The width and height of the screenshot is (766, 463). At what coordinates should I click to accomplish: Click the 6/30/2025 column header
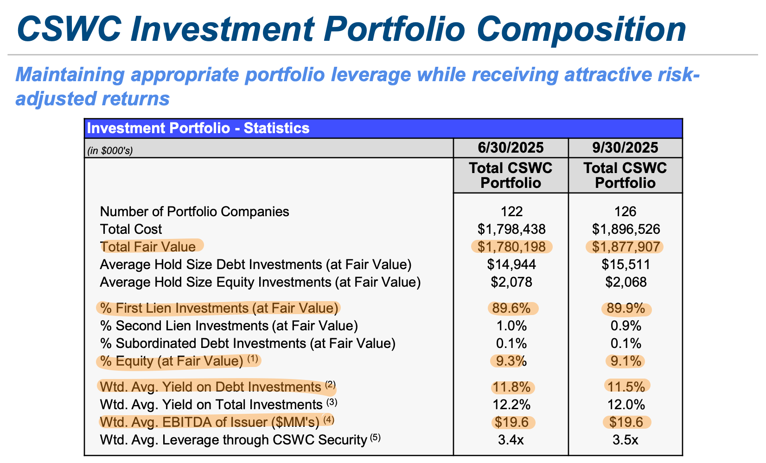[511, 148]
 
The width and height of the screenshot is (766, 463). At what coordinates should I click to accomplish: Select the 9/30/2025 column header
[625, 148]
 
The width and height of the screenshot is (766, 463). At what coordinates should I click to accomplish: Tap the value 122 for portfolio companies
[511, 212]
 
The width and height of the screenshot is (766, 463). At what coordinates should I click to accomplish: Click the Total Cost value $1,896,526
[626, 229]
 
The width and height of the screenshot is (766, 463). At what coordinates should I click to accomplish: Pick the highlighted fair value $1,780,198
[511, 246]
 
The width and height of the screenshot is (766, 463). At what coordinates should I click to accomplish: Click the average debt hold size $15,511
[626, 264]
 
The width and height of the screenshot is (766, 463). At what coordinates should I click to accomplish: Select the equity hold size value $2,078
[511, 282]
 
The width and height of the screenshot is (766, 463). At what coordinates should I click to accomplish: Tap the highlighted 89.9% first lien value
[626, 309]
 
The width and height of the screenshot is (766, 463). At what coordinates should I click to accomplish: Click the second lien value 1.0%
[511, 326]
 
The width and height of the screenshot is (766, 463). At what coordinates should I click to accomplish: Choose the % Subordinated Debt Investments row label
[248, 343]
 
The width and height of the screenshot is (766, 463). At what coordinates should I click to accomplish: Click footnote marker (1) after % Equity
[252, 359]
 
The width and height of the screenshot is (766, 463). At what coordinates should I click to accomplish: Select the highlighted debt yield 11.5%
[626, 386]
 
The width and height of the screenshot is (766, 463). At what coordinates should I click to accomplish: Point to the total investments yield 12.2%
[511, 405]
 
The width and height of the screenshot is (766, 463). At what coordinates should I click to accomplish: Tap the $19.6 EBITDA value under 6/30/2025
[511, 422]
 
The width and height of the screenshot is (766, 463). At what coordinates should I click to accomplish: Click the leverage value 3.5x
[626, 439]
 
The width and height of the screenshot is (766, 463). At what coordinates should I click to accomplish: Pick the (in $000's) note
[110, 151]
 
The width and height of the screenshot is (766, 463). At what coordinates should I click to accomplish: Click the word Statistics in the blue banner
[276, 128]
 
